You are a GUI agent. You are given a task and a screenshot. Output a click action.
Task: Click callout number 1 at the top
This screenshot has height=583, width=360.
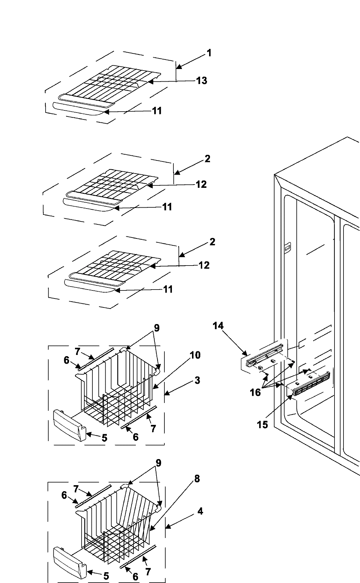pos(209,53)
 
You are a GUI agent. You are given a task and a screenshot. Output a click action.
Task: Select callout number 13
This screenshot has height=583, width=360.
pos(202,80)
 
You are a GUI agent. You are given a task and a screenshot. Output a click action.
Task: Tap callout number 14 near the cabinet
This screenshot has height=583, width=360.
pos(218,326)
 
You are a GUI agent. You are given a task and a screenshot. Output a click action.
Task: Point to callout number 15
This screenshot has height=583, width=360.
pos(262,425)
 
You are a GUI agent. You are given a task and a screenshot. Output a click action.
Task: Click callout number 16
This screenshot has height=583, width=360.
pos(256,392)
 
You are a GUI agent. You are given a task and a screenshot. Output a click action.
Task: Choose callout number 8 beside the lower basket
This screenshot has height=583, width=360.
pos(197,479)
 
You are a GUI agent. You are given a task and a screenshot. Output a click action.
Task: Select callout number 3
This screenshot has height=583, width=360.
pos(197,380)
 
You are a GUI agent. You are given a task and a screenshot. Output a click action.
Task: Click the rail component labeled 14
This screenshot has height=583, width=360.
pos(264,354)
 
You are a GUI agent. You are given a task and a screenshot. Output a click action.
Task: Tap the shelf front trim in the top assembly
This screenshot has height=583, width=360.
pos(75,109)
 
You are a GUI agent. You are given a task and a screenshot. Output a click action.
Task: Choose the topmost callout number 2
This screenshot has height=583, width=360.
pos(207,158)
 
